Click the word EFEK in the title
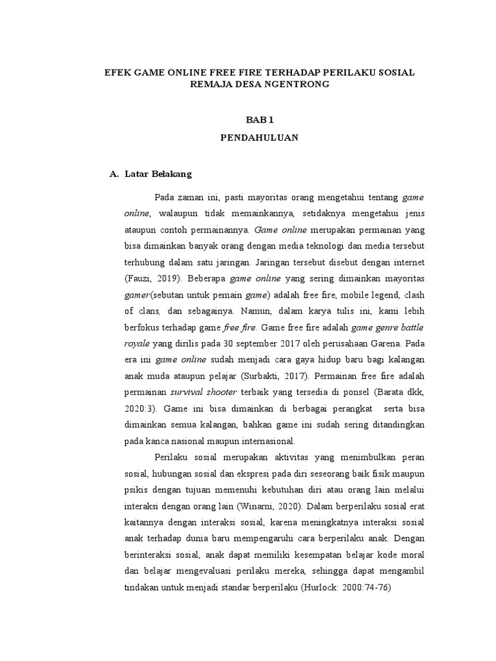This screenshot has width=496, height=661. tap(117, 73)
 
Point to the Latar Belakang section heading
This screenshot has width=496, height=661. tap(158, 174)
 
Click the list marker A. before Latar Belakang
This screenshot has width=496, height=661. tap(114, 174)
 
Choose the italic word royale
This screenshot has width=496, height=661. tap(137, 345)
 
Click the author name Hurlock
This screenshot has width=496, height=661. tap(318, 588)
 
